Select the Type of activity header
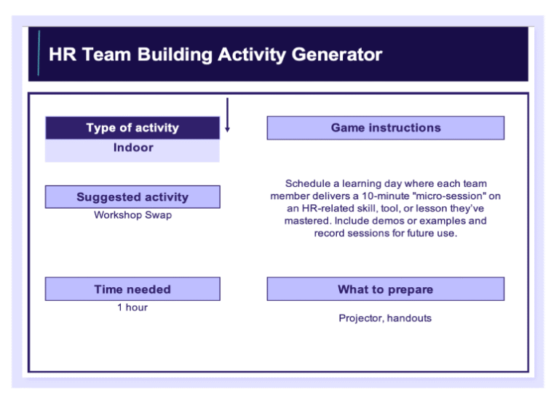click(x=132, y=128)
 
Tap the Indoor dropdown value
click(x=133, y=148)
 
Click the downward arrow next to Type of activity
click(x=227, y=116)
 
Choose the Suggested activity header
click(x=132, y=197)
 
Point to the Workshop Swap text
click(x=133, y=215)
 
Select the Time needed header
click(x=132, y=289)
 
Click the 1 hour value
click(x=132, y=307)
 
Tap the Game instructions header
click(x=385, y=128)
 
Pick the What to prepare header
click(x=385, y=289)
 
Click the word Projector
click(x=361, y=318)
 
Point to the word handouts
click(x=410, y=318)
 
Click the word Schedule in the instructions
click(x=309, y=184)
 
